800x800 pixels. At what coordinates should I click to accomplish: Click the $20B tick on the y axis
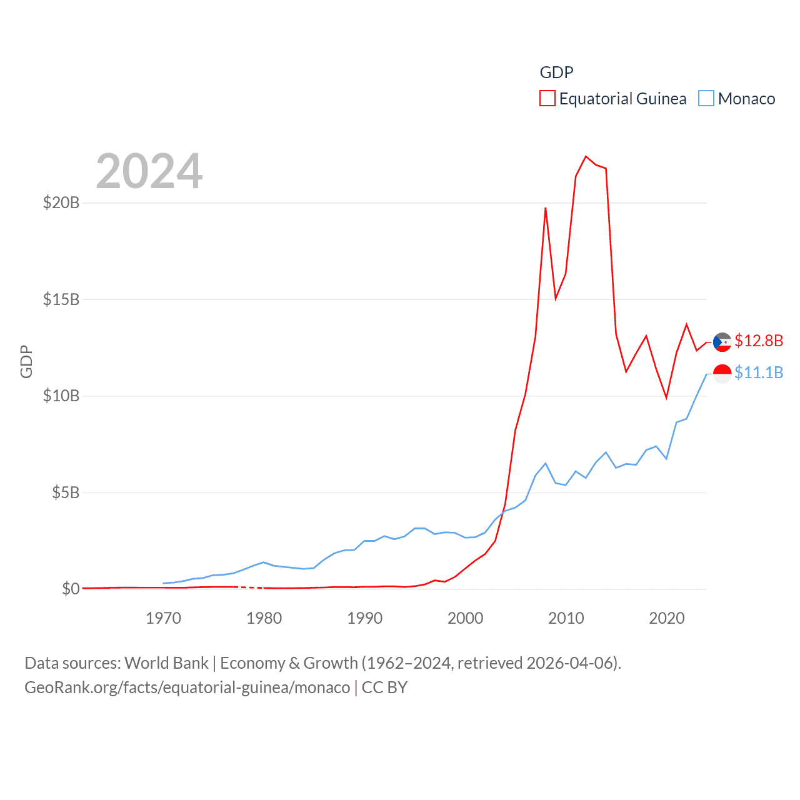61,202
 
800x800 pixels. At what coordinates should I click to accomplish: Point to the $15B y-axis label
61,299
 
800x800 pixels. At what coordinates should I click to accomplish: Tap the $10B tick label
61,396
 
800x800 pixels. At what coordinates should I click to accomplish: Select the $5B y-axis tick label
65,492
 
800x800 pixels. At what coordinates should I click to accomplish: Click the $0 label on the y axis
71,589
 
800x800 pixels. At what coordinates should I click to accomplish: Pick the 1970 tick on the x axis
163,618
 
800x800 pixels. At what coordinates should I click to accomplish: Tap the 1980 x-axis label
264,618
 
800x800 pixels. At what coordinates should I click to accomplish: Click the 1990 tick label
365,618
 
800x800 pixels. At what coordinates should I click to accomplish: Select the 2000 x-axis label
466,618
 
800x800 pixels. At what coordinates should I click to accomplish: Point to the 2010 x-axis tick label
566,618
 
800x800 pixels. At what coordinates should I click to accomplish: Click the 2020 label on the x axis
667,618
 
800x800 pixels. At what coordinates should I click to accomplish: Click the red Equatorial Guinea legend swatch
547,99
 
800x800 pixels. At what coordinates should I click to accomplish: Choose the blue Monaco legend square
706,99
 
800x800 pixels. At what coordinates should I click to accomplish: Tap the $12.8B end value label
759,341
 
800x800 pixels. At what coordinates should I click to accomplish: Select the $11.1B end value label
759,372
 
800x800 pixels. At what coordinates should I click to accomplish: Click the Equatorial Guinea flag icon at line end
722,342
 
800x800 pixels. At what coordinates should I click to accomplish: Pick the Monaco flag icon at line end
722,374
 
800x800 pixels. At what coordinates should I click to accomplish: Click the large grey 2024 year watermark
149,171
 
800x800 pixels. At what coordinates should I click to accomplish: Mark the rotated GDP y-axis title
26,361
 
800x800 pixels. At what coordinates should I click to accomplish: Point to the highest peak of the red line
586,156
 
